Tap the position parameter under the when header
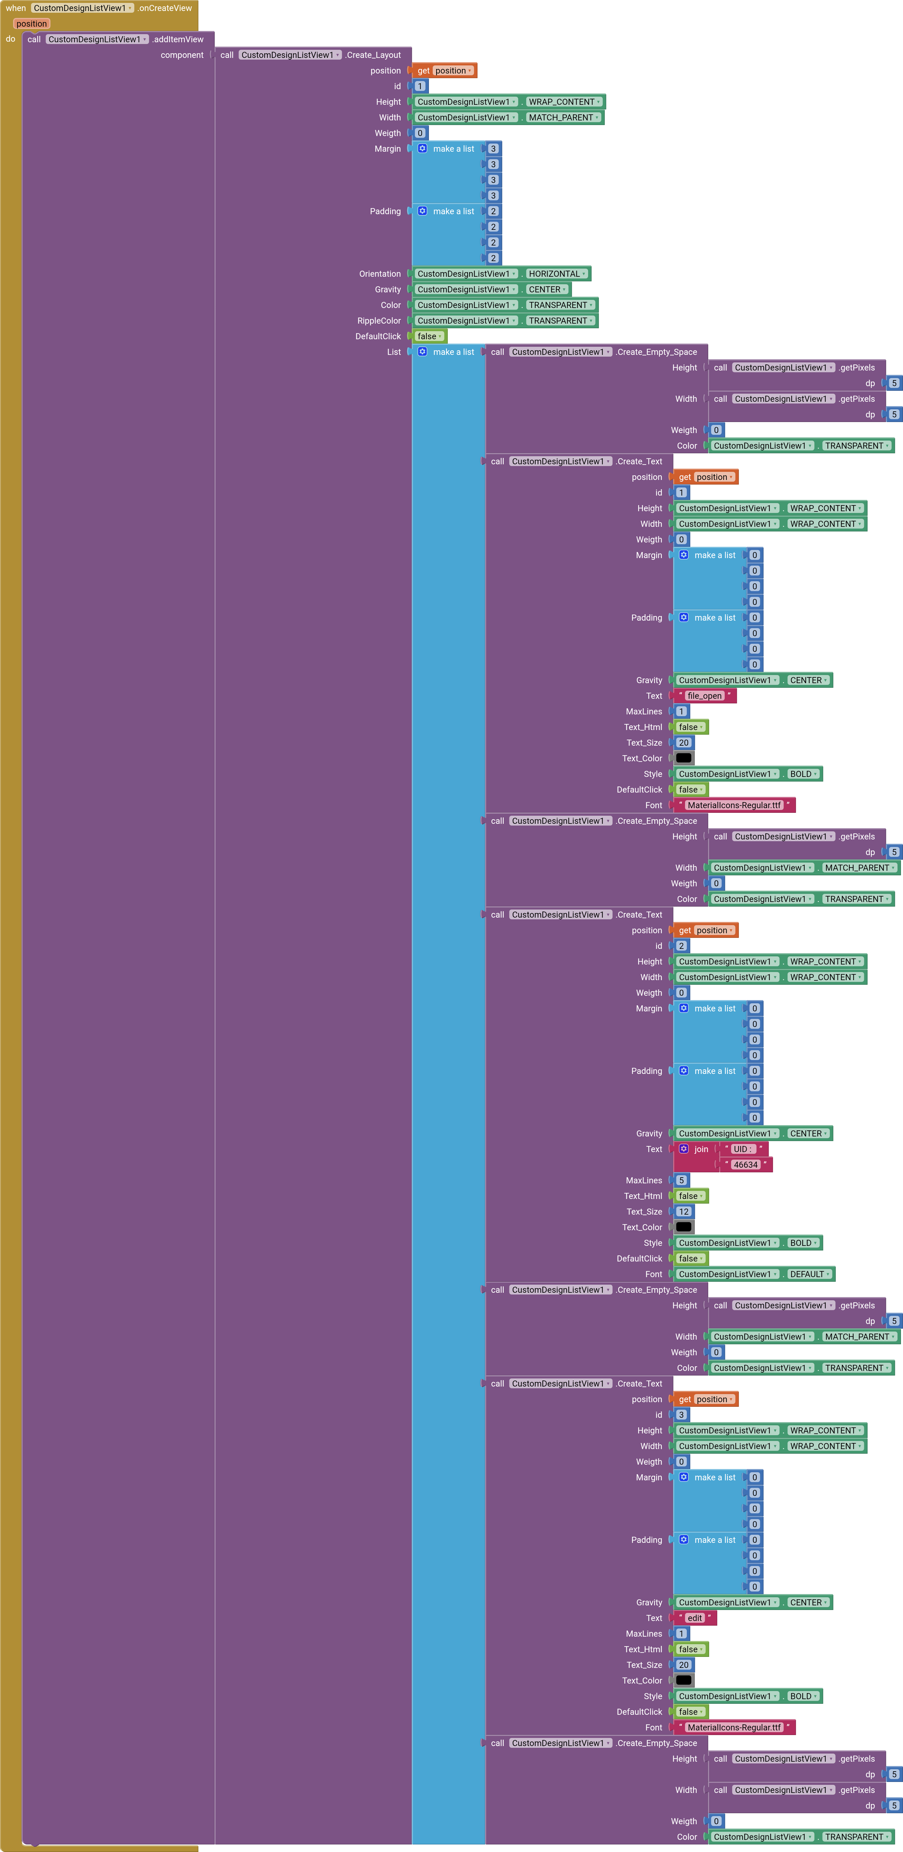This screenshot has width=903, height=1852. pos(32,24)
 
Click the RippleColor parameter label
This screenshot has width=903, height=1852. pos(379,321)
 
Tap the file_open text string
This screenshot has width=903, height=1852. pos(704,696)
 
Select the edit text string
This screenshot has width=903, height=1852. pos(695,1618)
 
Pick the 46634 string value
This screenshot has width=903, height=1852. pos(746,1165)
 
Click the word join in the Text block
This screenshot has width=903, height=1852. pos(701,1149)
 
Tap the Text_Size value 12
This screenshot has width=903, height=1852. pos(683,1211)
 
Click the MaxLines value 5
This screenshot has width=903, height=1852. pos(681,1180)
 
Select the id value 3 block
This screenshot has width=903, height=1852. pos(681,1415)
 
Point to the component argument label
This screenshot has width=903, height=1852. pos(182,55)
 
